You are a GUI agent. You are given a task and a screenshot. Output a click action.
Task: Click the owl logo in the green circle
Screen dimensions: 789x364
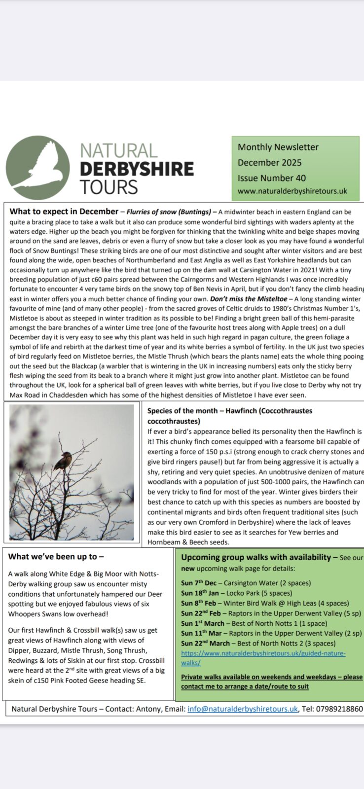pos(38,168)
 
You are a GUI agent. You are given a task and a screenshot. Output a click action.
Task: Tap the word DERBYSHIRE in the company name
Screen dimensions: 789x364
pos(137,169)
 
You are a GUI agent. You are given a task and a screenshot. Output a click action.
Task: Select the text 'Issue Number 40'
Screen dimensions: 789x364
pos(272,178)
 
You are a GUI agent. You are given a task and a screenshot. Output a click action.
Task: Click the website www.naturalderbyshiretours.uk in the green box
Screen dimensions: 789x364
pos(292,191)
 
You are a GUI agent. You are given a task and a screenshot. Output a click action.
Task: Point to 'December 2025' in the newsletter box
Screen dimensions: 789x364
pos(269,162)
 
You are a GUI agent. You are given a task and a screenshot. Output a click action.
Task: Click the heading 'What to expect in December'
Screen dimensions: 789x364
pos(64,212)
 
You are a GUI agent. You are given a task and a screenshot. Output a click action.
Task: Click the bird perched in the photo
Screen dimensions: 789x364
pos(62,462)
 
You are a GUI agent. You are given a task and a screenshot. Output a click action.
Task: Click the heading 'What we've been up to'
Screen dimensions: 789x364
pos(56,557)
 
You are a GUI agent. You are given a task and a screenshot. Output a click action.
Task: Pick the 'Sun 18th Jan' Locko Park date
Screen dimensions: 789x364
pos(200,593)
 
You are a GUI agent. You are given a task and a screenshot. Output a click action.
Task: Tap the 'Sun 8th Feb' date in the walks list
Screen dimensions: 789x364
pos(198,603)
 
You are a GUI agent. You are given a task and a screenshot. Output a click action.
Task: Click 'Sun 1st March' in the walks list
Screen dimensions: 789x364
pos(202,623)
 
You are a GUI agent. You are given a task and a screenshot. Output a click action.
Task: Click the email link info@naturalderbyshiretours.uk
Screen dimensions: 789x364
pos(242,709)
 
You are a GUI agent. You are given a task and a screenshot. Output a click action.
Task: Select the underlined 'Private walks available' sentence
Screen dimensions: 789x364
pos(271,681)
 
